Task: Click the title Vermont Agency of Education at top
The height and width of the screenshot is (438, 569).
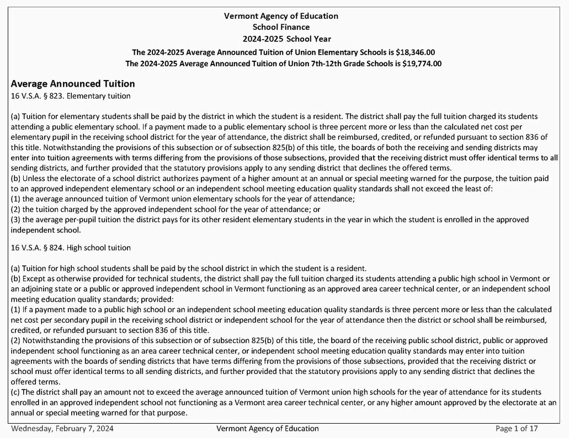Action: pyautogui.click(x=281, y=16)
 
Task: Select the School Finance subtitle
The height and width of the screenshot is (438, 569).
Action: pyautogui.click(x=281, y=27)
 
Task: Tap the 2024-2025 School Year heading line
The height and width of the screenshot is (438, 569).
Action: pyautogui.click(x=286, y=39)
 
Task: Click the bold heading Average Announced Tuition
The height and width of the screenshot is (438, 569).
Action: pyautogui.click(x=73, y=84)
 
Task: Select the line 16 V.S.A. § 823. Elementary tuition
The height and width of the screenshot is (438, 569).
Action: pyautogui.click(x=71, y=96)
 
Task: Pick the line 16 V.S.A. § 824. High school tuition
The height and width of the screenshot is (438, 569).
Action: pyautogui.click(x=71, y=247)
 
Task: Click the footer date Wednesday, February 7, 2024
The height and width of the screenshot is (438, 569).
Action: pyautogui.click(x=62, y=429)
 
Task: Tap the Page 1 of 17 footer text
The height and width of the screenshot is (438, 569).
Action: pyautogui.click(x=517, y=429)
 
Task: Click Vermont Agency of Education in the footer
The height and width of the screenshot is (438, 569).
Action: pyautogui.click(x=268, y=429)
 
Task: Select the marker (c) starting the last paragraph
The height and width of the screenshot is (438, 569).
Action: pyautogui.click(x=16, y=392)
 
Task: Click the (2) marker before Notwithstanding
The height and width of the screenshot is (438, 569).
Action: pyautogui.click(x=16, y=340)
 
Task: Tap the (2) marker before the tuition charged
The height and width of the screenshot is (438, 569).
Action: pyautogui.click(x=16, y=210)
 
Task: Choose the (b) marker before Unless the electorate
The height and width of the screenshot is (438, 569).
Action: pyautogui.click(x=16, y=178)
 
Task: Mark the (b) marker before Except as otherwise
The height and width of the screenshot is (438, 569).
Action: pyautogui.click(x=16, y=279)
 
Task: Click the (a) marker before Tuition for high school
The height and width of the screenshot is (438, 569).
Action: pyautogui.click(x=16, y=268)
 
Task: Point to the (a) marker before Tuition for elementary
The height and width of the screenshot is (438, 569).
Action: pyautogui.click(x=16, y=116)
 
